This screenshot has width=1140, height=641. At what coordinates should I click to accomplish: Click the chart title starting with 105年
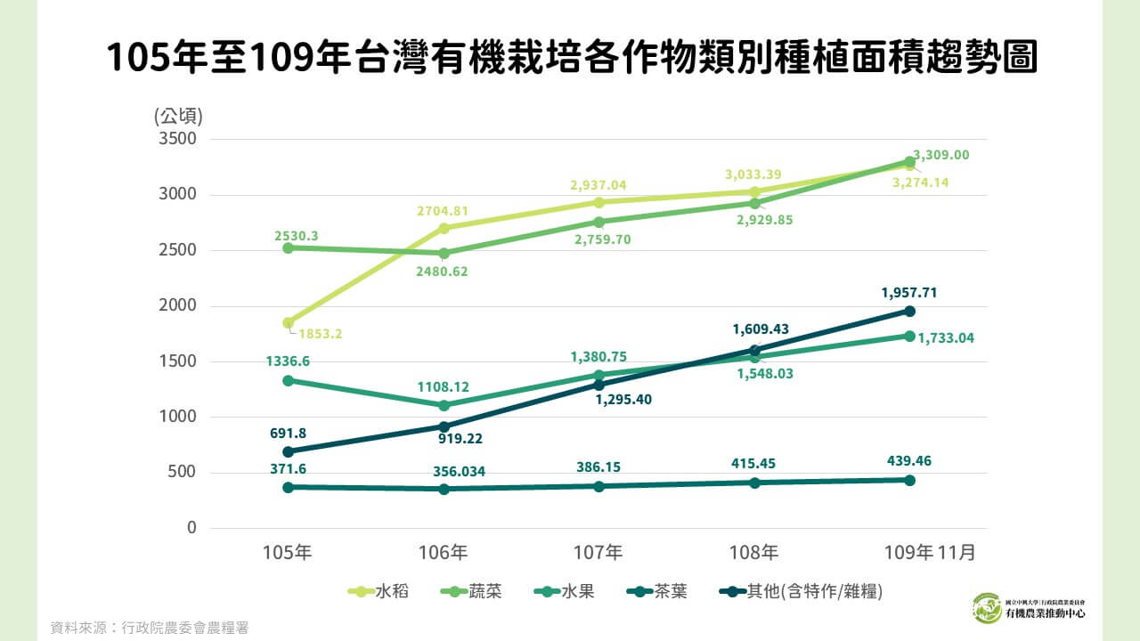click(x=570, y=58)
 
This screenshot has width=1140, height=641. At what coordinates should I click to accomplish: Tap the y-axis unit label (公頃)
click(x=178, y=116)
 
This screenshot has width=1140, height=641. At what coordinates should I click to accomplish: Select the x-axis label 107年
click(x=598, y=552)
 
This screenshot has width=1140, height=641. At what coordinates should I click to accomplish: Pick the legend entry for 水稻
click(x=380, y=591)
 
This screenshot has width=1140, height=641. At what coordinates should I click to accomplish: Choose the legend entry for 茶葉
click(x=658, y=591)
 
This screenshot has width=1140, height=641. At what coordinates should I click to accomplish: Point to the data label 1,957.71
click(x=908, y=292)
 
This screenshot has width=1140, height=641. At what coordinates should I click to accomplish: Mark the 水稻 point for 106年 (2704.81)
click(x=444, y=229)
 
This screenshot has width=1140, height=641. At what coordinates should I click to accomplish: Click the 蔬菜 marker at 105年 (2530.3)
click(x=288, y=247)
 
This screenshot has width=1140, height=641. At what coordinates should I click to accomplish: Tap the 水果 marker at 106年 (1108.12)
click(x=444, y=405)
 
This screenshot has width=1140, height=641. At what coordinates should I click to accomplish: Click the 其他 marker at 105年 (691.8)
click(x=288, y=451)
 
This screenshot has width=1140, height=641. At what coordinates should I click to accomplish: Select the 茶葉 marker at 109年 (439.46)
click(x=909, y=480)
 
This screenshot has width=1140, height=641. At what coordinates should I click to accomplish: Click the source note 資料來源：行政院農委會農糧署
click(x=149, y=628)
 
